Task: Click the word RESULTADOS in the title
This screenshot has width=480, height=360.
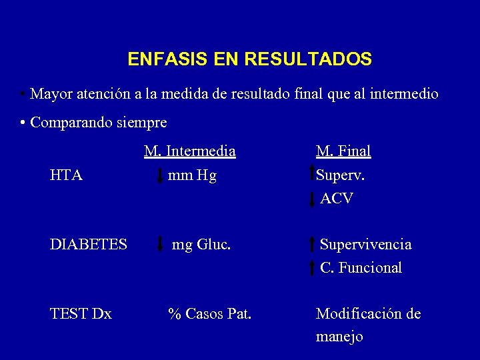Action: click(308, 59)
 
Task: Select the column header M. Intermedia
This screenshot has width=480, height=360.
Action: click(190, 151)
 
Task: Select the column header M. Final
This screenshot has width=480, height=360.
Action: click(343, 151)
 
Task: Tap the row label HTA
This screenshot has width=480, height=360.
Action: click(66, 175)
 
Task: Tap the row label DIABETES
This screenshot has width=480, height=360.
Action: click(88, 245)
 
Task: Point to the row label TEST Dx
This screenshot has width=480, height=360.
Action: click(81, 313)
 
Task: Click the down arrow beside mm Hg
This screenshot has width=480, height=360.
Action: click(159, 176)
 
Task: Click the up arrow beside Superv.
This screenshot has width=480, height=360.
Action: click(313, 173)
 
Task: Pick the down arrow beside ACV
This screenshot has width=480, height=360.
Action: click(313, 199)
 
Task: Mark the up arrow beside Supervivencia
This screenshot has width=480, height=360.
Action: click(313, 245)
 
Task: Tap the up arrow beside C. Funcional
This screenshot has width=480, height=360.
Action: click(313, 268)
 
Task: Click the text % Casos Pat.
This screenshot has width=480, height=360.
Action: click(209, 313)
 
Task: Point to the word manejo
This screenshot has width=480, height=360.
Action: click(339, 337)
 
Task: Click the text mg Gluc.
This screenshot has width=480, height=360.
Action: click(201, 245)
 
